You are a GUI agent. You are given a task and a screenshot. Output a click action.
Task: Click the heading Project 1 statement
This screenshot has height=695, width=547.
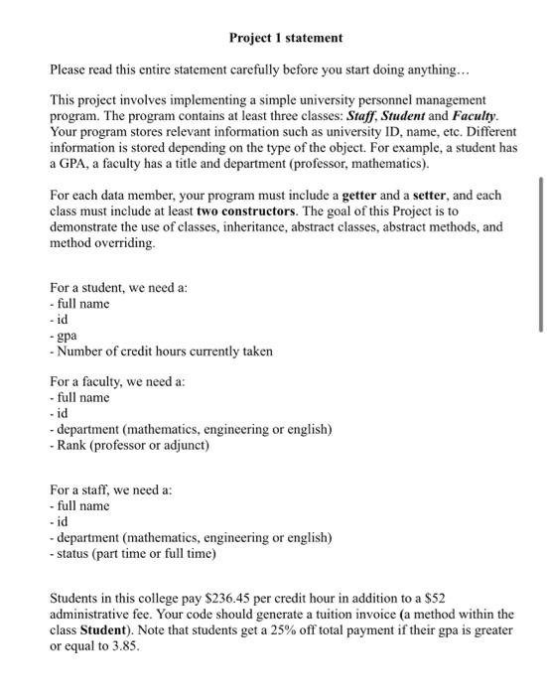click(x=285, y=38)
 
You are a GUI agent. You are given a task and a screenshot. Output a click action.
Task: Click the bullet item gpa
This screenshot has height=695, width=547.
click(x=67, y=335)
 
